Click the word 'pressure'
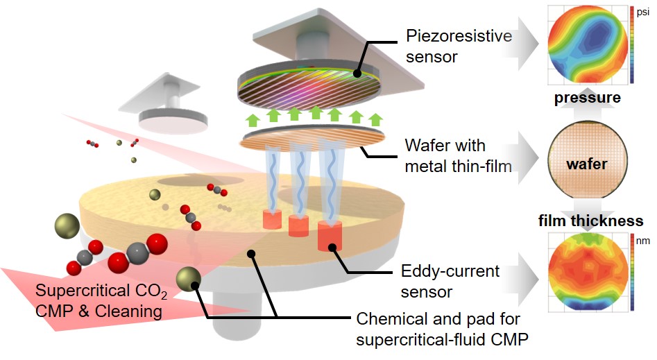pyautogui.click(x=587, y=98)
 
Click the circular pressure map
pyautogui.click(x=586, y=46)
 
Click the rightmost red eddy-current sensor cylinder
pyautogui.click(x=329, y=237)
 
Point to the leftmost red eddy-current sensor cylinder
pyautogui.click(x=271, y=219)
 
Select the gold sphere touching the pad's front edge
pyautogui.click(x=189, y=280)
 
